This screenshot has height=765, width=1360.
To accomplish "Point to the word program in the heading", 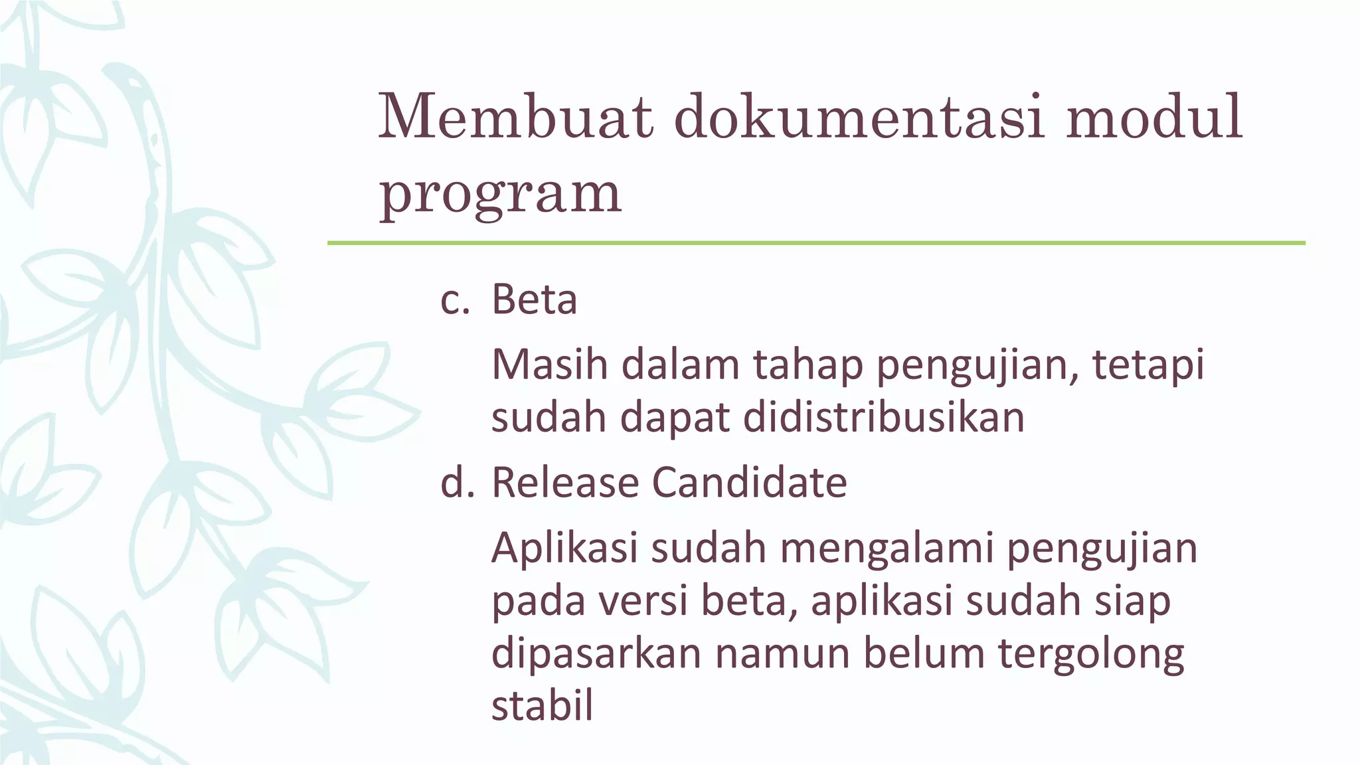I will pyautogui.click(x=500, y=194).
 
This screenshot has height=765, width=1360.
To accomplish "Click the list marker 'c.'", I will pyautogui.click(x=455, y=300).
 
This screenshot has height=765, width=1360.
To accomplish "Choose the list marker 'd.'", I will pyautogui.click(x=458, y=482).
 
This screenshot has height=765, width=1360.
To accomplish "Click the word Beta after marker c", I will pyautogui.click(x=534, y=300).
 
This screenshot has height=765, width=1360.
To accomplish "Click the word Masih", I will pyautogui.click(x=549, y=365).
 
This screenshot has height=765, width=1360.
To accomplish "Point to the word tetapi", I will pyautogui.click(x=1148, y=367).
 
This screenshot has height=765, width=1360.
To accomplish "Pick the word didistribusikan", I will pyautogui.click(x=883, y=418).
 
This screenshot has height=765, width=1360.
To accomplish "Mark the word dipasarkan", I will pyautogui.click(x=596, y=653).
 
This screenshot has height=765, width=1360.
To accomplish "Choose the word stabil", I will pyautogui.click(x=542, y=705).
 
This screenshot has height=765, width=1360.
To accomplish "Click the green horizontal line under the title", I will pyautogui.click(x=816, y=243).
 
